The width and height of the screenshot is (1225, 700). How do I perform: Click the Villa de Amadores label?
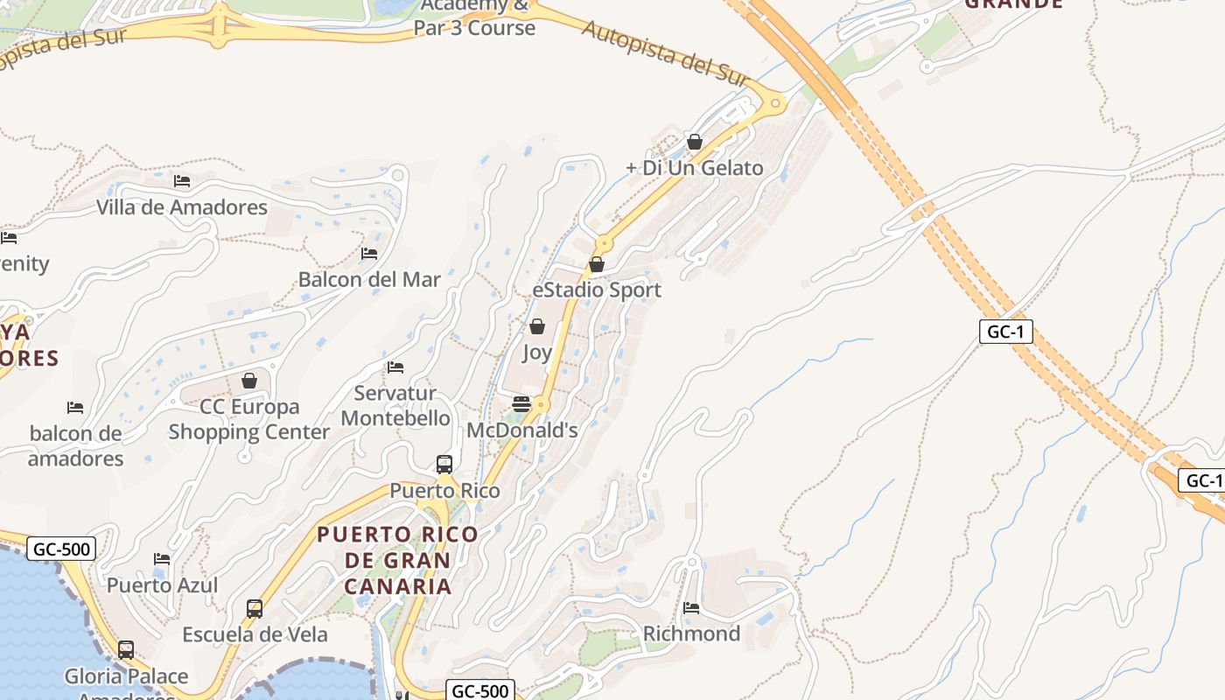click(182, 207)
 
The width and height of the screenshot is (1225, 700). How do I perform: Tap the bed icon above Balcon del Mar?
click(369, 254)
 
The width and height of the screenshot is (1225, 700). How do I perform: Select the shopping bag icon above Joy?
click(537, 326)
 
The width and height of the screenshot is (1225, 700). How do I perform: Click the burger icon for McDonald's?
click(521, 403)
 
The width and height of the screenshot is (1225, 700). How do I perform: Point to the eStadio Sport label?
click(597, 290)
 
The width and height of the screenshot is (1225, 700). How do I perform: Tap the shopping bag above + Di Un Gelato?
click(695, 141)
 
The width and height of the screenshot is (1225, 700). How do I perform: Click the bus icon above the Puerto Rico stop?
click(444, 464)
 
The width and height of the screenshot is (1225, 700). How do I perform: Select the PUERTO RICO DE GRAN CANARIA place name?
click(398, 560)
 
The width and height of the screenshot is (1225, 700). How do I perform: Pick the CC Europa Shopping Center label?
click(249, 419)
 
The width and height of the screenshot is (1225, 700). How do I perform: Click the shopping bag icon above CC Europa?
click(249, 381)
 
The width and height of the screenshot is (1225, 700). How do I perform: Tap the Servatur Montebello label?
click(395, 406)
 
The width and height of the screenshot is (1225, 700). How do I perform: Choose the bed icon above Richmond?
click(691, 607)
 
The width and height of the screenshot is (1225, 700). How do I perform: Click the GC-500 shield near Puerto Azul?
click(61, 549)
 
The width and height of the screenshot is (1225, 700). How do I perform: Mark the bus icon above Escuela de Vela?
click(255, 608)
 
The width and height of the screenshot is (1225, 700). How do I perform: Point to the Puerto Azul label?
click(163, 585)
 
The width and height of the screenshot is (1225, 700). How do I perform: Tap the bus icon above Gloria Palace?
click(126, 650)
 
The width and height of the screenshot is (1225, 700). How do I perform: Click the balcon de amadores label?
click(76, 446)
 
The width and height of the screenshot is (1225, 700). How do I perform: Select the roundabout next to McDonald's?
click(542, 404)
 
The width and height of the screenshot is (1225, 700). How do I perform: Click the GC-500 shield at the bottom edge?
click(479, 690)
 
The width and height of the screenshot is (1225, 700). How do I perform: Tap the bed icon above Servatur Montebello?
click(395, 367)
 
